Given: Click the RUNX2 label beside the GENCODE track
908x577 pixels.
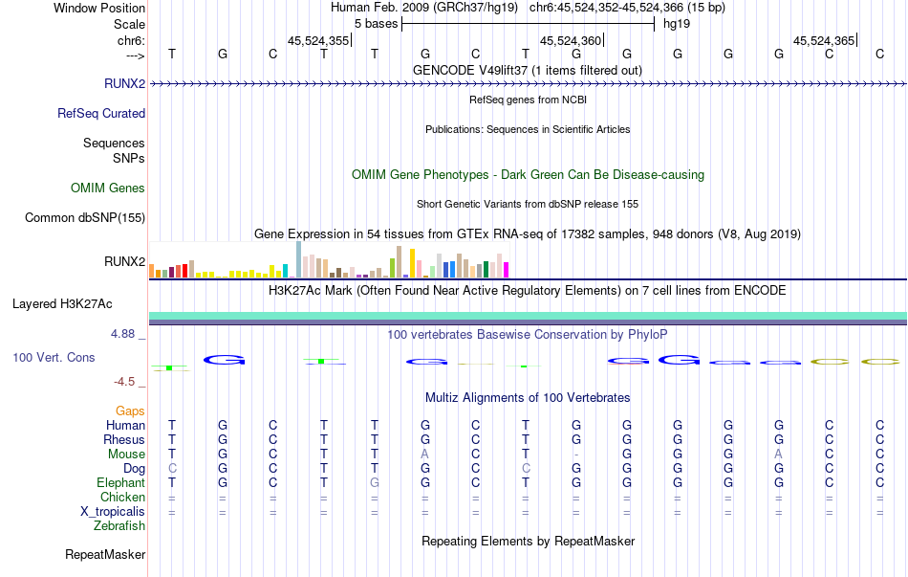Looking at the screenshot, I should click(124, 83).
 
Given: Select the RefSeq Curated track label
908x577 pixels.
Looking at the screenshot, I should click(100, 113).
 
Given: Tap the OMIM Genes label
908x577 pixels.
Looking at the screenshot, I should click(107, 188).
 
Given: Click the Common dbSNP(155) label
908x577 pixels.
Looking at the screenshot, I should click(85, 217).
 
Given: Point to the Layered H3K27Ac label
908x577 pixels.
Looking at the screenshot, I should click(62, 304).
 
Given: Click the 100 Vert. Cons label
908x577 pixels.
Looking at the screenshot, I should click(54, 357).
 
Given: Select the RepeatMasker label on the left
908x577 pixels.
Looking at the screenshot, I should click(105, 554).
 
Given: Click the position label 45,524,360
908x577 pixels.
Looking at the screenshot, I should click(571, 40).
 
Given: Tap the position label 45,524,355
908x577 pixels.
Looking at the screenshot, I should click(318, 40).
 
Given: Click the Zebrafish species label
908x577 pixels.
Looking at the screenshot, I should click(119, 525).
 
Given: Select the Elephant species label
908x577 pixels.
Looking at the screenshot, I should click(121, 482).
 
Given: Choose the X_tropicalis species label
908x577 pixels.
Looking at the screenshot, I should click(113, 511).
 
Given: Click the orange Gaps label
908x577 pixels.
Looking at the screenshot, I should click(130, 411).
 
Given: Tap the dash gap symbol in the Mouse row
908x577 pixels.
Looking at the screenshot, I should click(576, 454).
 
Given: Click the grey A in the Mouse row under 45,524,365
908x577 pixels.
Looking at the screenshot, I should click(778, 454).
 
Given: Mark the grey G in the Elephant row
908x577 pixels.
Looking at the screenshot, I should click(375, 482).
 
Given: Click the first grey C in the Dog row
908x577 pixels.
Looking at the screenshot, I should click(172, 468).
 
